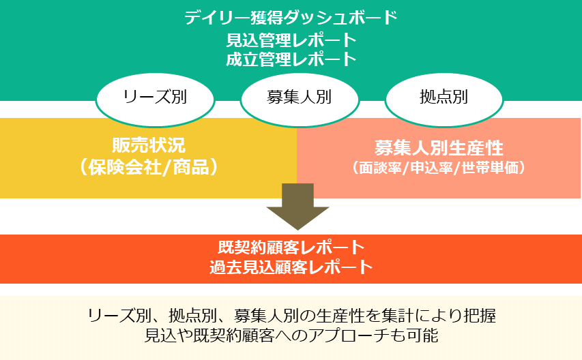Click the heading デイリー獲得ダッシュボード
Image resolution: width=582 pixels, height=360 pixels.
click(x=291, y=18)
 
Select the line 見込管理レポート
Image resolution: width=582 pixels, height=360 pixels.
click(x=291, y=40)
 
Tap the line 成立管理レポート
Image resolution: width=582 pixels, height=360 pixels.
click(x=291, y=59)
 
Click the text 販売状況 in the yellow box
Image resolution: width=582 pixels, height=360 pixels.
click(x=149, y=145)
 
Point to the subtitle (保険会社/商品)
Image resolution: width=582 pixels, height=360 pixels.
click(x=149, y=167)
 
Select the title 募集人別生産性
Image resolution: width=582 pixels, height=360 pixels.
click(x=439, y=148)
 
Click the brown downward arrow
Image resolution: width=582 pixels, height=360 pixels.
click(x=297, y=207)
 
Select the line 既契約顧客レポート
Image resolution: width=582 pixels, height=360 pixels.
click(x=291, y=247)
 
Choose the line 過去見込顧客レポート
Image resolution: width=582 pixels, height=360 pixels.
click(x=291, y=267)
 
